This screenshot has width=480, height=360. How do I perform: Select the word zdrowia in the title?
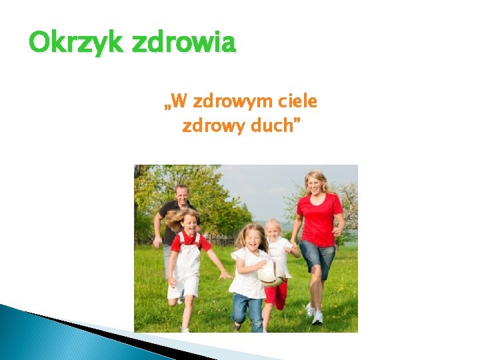184,43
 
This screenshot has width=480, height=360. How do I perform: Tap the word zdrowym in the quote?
227,102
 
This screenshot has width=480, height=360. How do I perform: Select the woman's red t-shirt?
319,220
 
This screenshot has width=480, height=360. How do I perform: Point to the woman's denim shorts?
317,257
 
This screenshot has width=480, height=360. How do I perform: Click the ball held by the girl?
271,273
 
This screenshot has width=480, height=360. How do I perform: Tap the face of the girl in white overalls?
190,223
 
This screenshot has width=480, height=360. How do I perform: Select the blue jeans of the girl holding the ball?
248,310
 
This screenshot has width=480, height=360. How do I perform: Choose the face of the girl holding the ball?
253,239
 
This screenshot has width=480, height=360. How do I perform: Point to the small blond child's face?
273,230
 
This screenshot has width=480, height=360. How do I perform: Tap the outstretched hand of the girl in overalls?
226,275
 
